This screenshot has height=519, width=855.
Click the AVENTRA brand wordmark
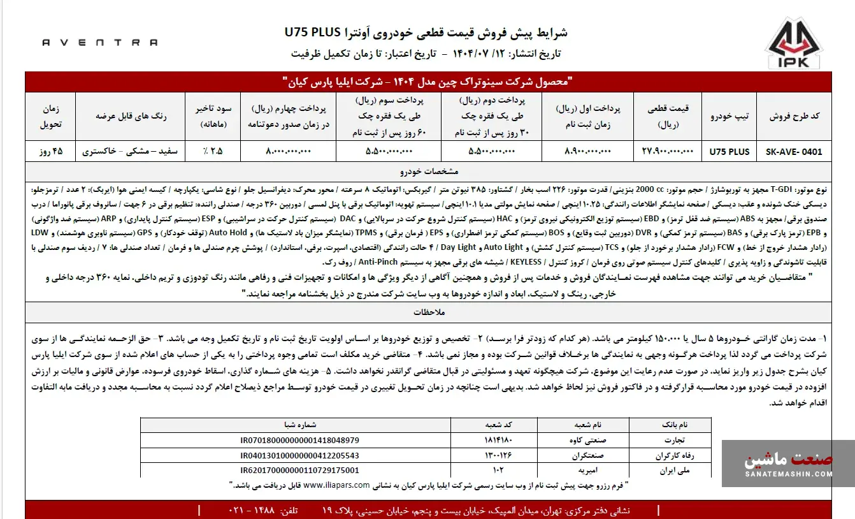coord(99,43)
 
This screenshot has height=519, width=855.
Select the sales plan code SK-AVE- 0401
coord(793,152)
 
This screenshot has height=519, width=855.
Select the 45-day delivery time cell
coord(50,152)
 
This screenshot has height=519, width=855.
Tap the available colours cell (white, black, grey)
coord(131,152)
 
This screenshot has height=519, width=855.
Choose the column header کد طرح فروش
coord(793,117)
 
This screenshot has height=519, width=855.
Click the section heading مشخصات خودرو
coord(427,172)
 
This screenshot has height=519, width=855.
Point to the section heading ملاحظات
coord(427,312)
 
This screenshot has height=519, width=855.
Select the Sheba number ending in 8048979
coord(299,440)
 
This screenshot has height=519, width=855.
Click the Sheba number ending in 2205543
coord(299,455)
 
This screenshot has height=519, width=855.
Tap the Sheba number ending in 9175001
coord(299,471)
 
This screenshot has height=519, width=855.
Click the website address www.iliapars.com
coord(336,485)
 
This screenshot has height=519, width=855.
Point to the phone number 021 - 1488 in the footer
coord(262,511)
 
